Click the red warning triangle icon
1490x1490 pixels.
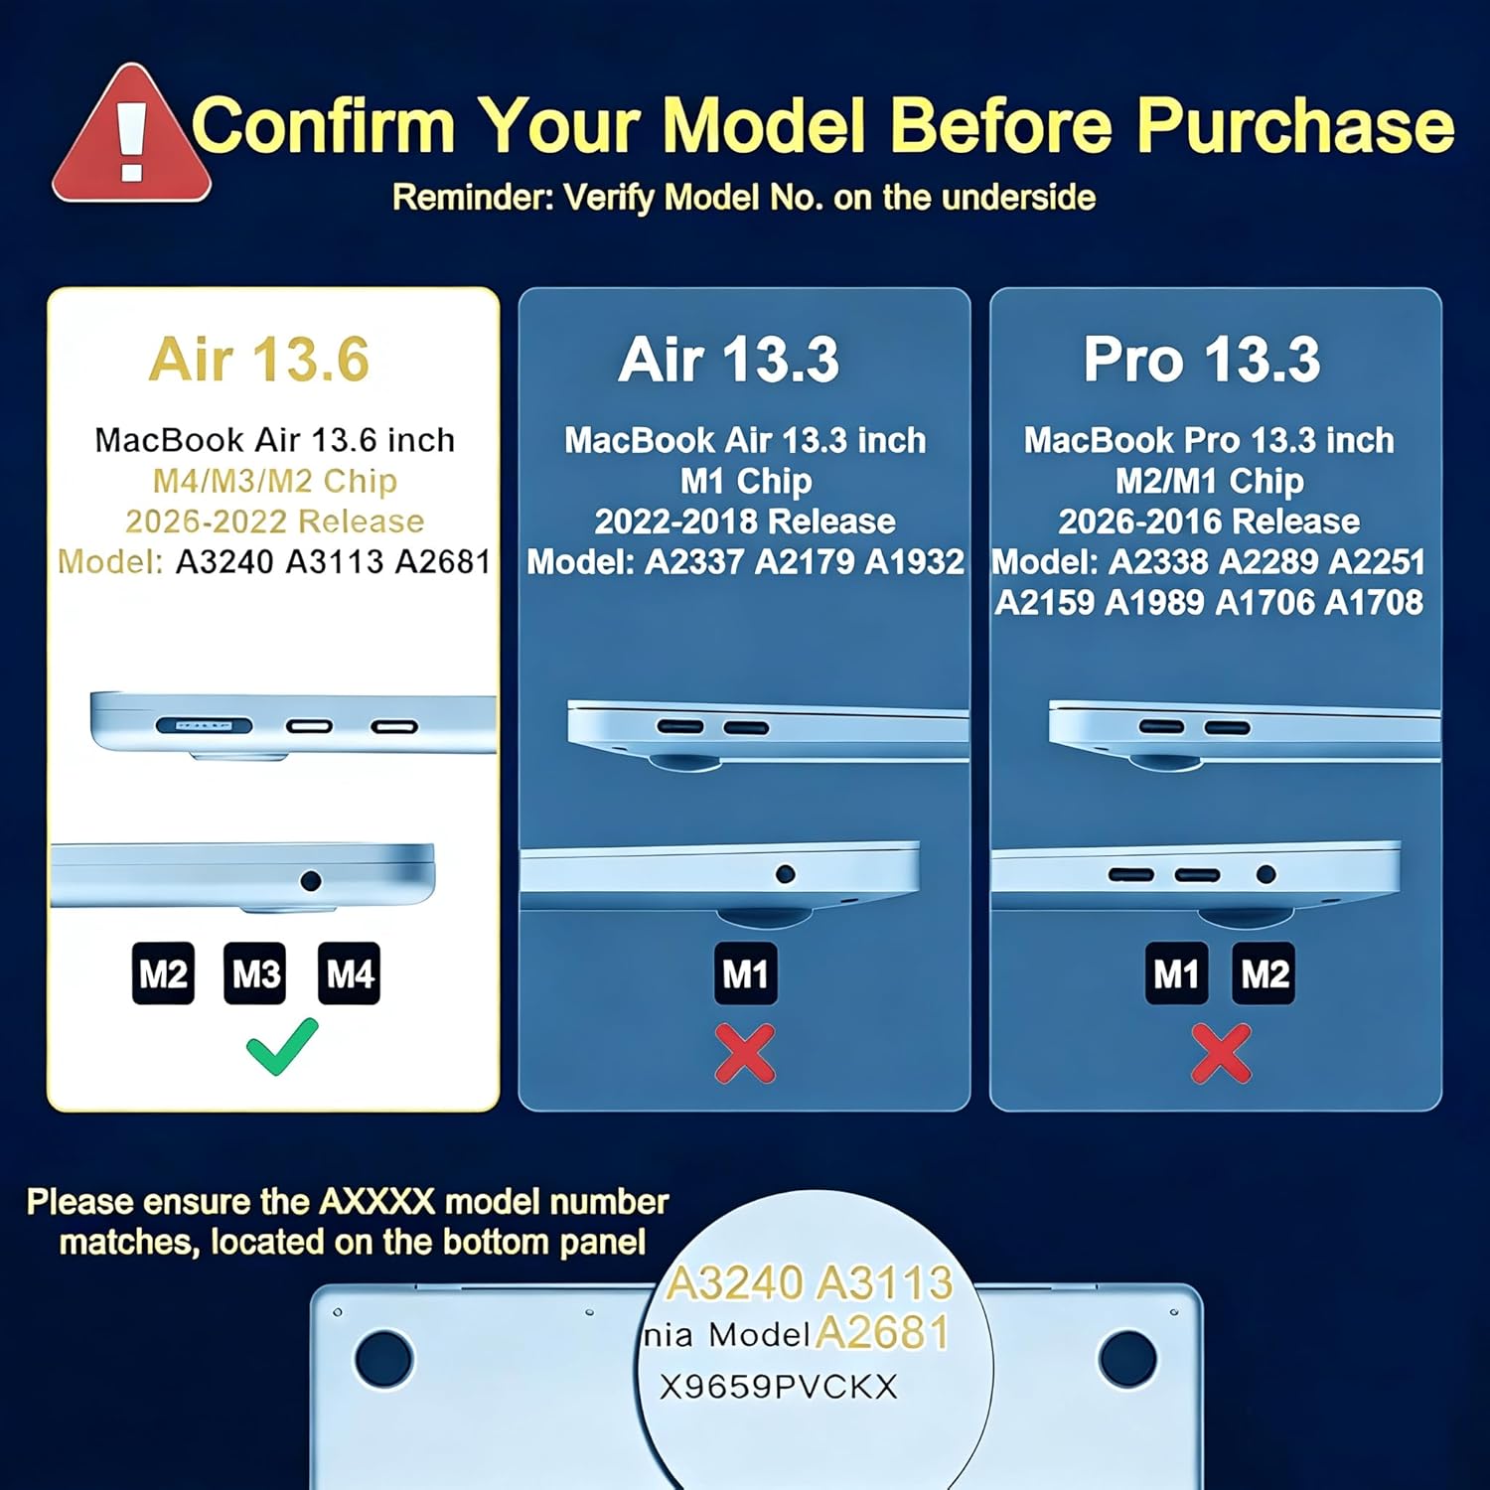[132, 136]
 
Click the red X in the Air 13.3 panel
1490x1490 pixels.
[745, 1053]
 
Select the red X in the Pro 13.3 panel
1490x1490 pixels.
[1221, 1053]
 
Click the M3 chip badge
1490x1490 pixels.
[255, 973]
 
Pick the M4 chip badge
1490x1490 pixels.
[349, 973]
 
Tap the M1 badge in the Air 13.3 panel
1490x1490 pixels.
[745, 973]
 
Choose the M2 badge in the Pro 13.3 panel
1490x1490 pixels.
[1264, 973]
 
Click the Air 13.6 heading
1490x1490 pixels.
[259, 359]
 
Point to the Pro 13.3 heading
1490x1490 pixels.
[1202, 359]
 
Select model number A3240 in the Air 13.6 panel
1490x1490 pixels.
[224, 562]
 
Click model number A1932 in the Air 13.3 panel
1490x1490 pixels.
[915, 562]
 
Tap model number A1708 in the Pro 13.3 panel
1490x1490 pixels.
[1374, 602]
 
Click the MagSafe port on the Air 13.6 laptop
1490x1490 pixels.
[204, 726]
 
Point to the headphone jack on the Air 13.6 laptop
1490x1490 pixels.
[311, 880]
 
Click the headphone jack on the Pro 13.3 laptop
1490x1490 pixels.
[1266, 874]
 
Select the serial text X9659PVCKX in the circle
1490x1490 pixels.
[779, 1387]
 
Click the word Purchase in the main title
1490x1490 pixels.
[1296, 126]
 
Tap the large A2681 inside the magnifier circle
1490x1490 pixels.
[882, 1333]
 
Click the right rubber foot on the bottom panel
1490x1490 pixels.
[1127, 1358]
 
